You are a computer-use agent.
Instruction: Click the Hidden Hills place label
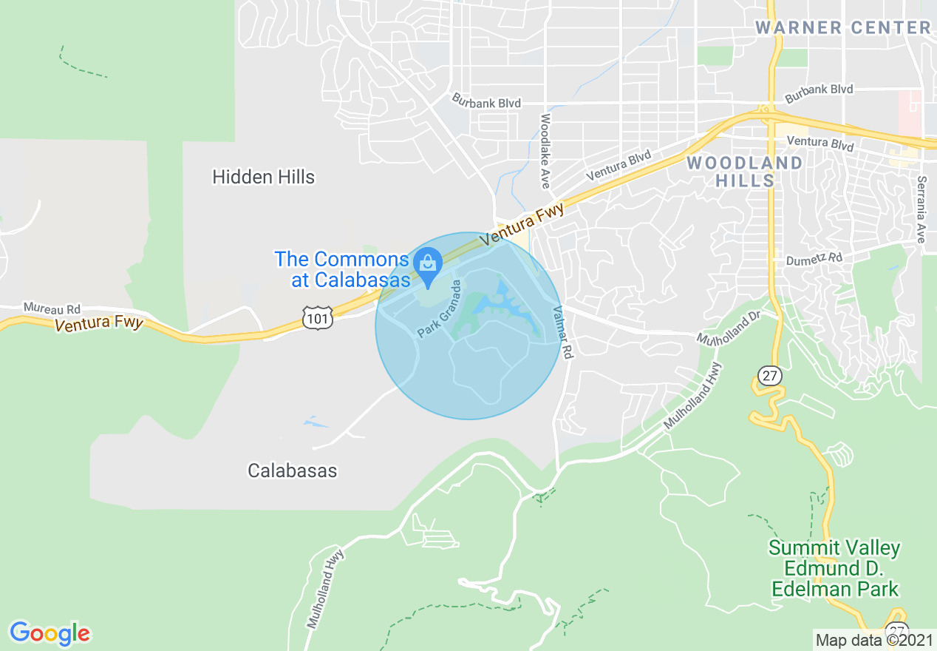click(x=263, y=177)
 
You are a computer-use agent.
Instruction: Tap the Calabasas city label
click(x=292, y=470)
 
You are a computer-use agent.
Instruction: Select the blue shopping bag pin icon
click(x=427, y=262)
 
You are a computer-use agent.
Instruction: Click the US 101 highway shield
click(x=318, y=317)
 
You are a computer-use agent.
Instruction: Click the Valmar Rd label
click(x=562, y=333)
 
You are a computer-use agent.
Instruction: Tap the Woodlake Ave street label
click(x=545, y=150)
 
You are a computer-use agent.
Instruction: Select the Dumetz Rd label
click(x=814, y=258)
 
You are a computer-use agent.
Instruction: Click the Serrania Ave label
click(x=921, y=209)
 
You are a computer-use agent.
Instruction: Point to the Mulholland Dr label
click(x=729, y=326)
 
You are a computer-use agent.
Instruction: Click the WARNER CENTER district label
click(x=842, y=28)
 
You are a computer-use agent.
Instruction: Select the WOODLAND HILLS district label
click(x=744, y=172)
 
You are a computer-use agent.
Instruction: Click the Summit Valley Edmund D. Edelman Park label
click(x=834, y=569)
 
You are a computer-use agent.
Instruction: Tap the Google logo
click(x=50, y=633)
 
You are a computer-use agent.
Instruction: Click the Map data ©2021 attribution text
click(x=874, y=639)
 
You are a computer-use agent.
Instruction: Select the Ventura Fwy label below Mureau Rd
click(x=98, y=323)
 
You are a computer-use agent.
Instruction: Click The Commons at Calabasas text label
click(x=341, y=269)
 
